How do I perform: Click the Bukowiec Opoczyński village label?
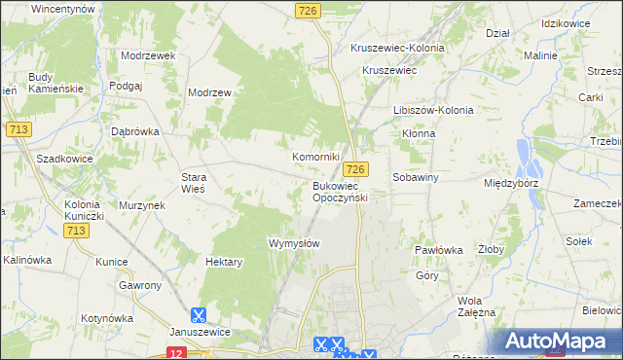coord(339,191)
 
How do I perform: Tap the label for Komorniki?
coord(316,157)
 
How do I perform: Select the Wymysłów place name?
coord(294,243)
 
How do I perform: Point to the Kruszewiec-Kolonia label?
coord(403,48)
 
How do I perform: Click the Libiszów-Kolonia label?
coord(433,110)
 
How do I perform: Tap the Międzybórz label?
coord(511,183)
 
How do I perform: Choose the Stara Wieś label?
coord(194,183)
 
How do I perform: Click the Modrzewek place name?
coord(148,55)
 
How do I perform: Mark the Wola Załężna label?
coord(477,306)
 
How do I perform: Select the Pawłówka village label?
coord(438,250)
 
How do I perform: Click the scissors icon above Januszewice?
coord(199,314)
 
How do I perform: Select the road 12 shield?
coord(175,353)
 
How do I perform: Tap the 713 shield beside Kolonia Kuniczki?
coord(77,231)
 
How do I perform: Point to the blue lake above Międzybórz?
coord(527,154)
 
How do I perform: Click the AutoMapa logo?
coord(560,342)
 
